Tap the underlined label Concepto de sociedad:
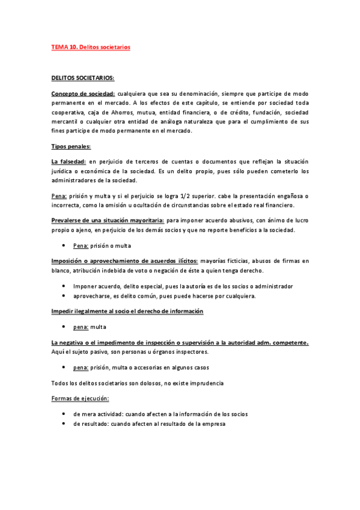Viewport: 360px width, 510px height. click(x=83, y=94)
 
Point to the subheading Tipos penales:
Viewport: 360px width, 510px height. click(x=70, y=146)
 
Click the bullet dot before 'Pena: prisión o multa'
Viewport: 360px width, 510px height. click(x=63, y=246)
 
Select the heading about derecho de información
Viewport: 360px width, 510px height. click(x=127, y=311)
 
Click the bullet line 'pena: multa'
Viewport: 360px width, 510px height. click(x=89, y=327)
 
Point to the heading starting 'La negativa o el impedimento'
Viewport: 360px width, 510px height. click(x=180, y=342)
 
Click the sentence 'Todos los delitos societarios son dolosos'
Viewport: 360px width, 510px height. click(x=138, y=382)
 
